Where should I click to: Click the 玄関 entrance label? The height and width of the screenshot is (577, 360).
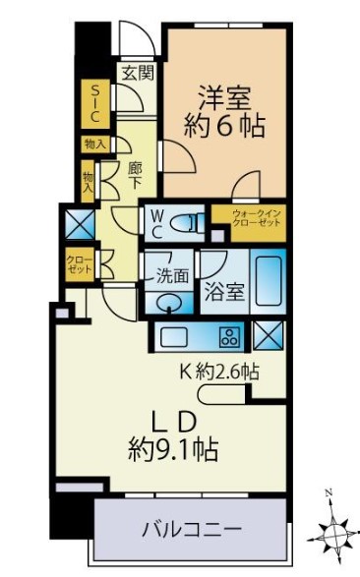point(138,73)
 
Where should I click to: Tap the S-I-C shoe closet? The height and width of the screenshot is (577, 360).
point(95,104)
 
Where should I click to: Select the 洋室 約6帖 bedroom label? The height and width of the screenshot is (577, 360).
point(224,112)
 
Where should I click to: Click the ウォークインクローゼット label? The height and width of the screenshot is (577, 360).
point(257,218)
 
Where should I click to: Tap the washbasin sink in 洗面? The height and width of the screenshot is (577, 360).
point(169,304)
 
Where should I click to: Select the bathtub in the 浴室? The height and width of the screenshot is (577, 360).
point(269,281)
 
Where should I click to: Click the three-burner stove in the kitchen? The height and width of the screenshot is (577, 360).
point(230,337)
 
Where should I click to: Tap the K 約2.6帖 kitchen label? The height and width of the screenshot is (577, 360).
point(219,372)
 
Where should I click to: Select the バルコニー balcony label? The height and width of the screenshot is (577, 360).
point(192,530)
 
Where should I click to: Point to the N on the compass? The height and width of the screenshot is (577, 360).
point(330,492)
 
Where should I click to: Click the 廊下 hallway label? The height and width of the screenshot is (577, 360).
point(135,176)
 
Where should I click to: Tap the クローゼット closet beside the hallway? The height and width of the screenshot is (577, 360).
point(80,265)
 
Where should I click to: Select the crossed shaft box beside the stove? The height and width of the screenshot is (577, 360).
point(269,335)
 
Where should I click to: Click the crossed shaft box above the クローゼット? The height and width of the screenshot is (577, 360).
point(80,224)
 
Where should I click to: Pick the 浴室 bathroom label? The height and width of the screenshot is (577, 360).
point(225,292)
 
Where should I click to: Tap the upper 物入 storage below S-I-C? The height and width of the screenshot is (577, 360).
point(95,144)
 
